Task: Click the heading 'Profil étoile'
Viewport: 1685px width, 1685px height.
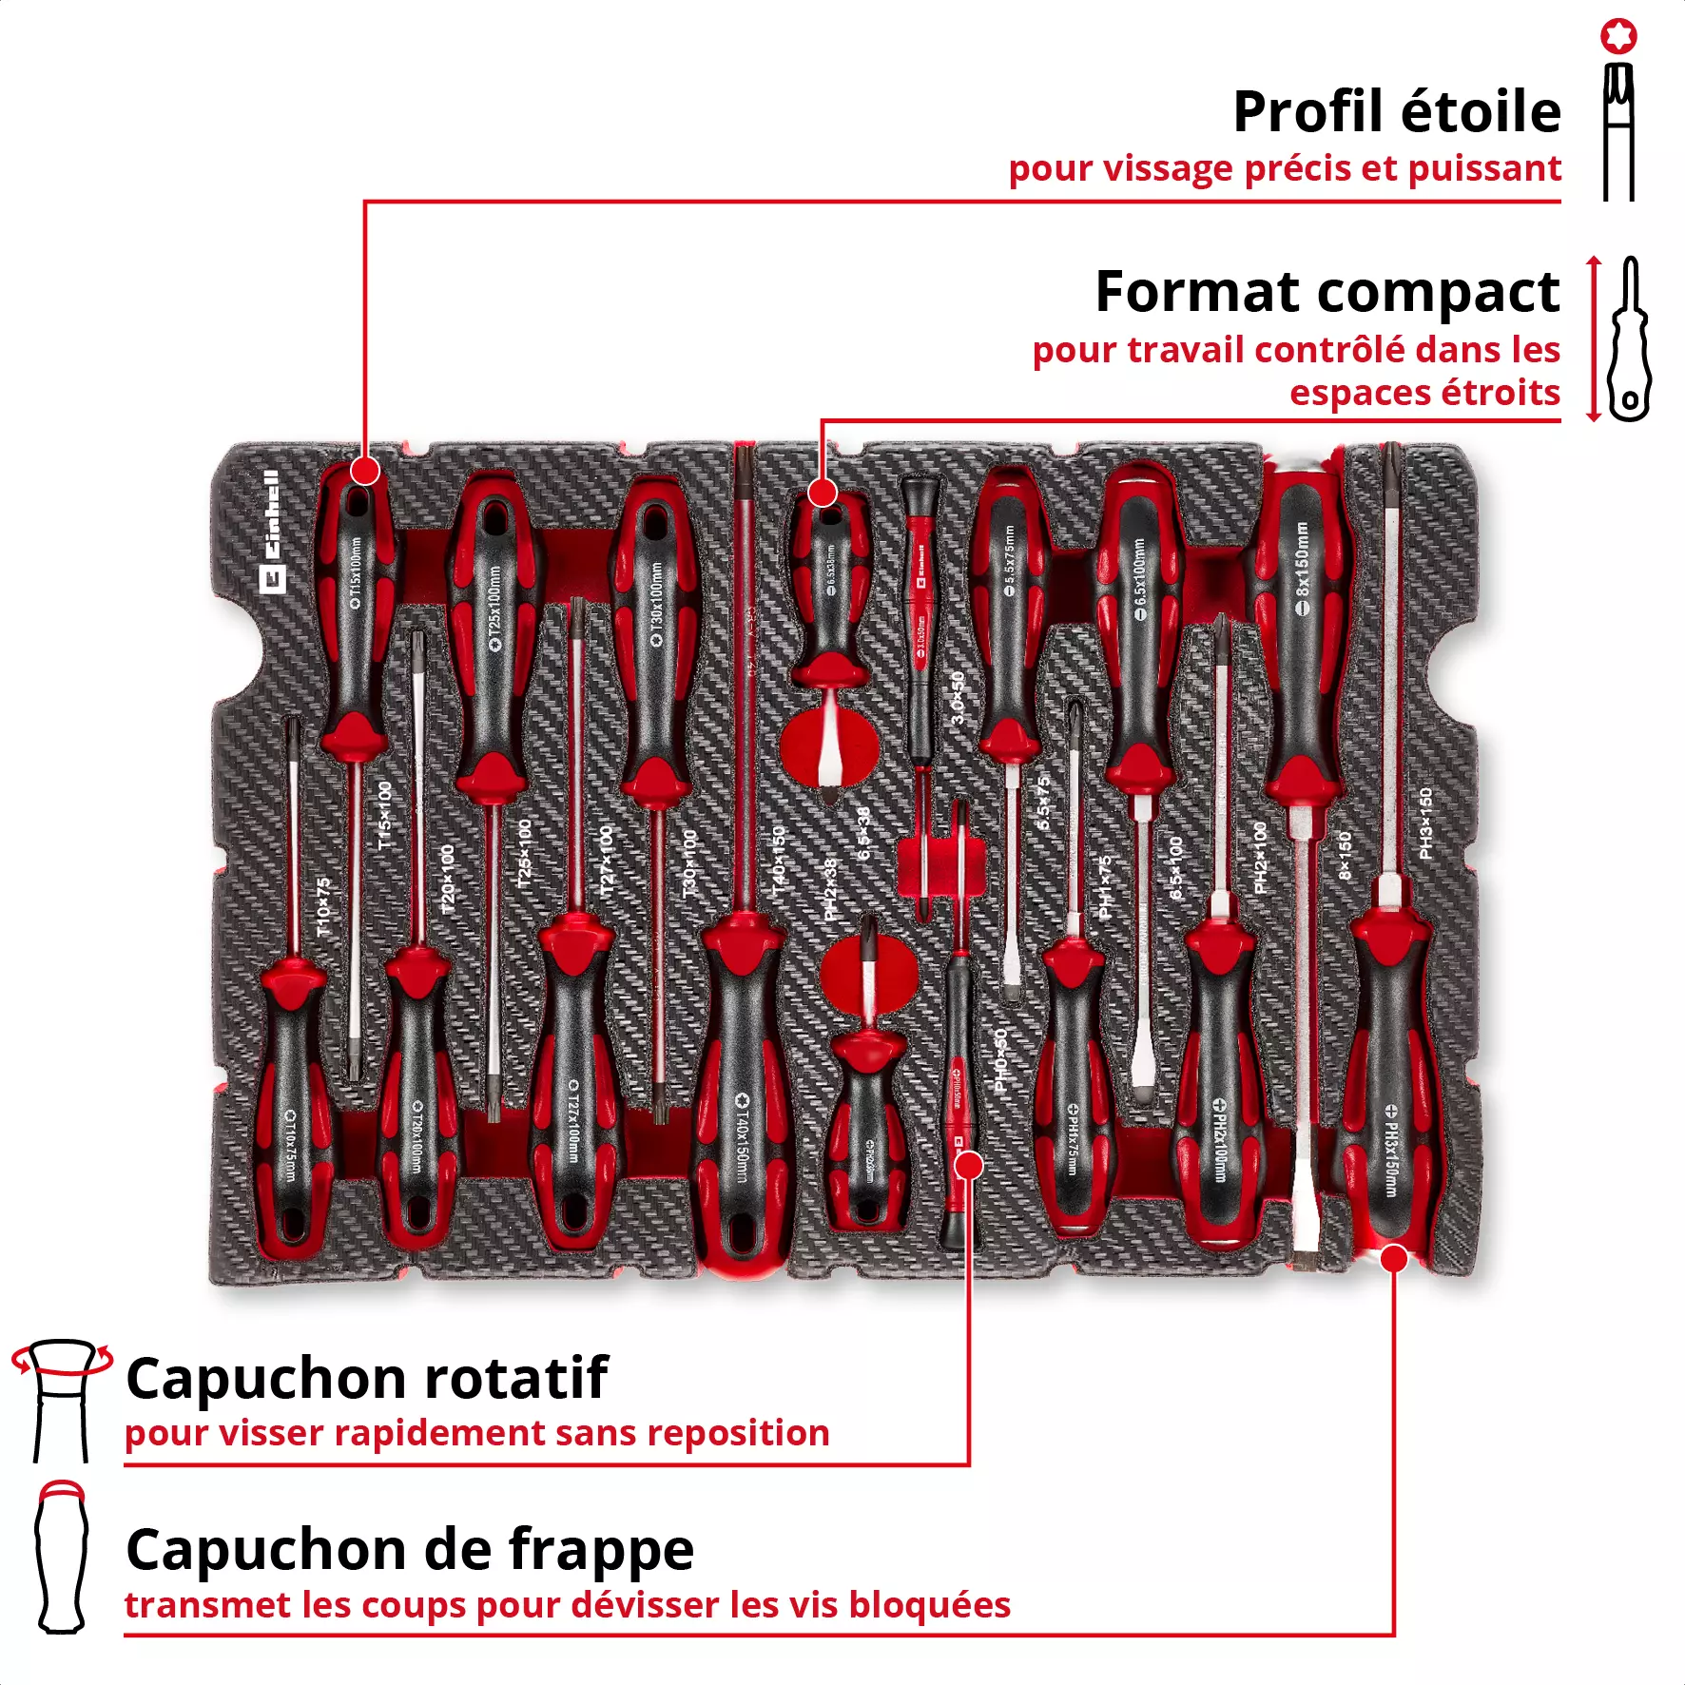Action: (1396, 112)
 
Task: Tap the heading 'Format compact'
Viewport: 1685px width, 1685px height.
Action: (1327, 292)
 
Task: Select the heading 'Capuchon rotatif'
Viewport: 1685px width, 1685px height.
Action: (366, 1379)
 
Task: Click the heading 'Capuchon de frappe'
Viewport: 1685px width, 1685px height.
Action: (410, 1550)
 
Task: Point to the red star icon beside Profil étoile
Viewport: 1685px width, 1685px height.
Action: (1618, 36)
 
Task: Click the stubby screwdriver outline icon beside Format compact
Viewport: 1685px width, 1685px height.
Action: (1629, 339)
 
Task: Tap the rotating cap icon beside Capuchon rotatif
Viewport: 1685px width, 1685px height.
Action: (61, 1398)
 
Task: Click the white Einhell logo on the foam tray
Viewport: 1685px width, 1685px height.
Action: (272, 533)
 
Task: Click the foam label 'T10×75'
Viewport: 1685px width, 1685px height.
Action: (324, 908)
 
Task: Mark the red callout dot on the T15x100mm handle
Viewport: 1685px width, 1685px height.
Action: (365, 471)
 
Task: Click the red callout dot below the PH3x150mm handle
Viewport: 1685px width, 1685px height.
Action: (1393, 1259)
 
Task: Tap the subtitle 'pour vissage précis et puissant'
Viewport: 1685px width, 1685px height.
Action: (1284, 169)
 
